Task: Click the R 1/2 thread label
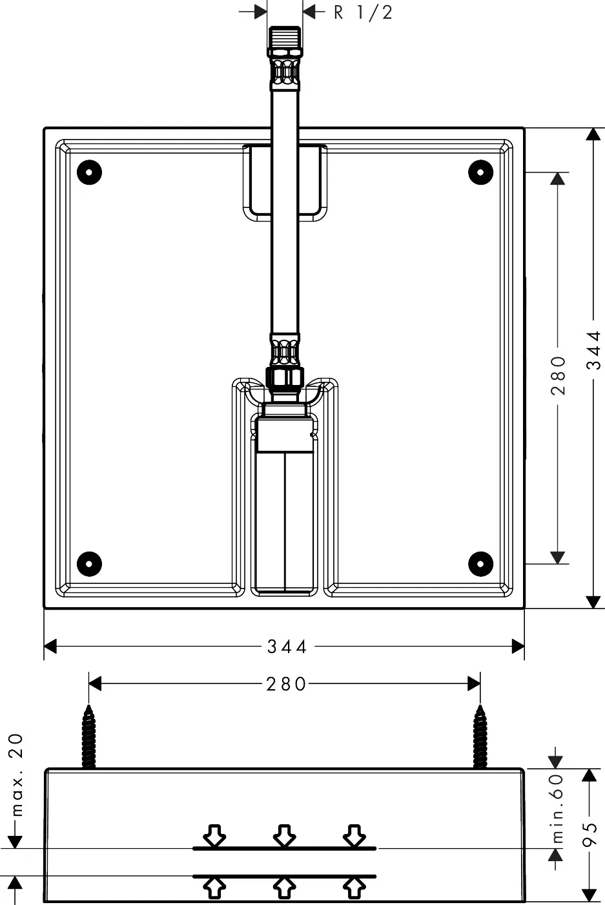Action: pyautogui.click(x=363, y=12)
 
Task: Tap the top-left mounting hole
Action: pyautogui.click(x=89, y=172)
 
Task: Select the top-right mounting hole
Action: pyautogui.click(x=480, y=172)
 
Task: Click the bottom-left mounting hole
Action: pyautogui.click(x=89, y=563)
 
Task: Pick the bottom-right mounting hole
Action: pyautogui.click(x=480, y=563)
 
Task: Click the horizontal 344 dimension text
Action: pyautogui.click(x=287, y=646)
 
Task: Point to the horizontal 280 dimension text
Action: pyautogui.click(x=286, y=683)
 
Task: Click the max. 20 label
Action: pyautogui.click(x=15, y=775)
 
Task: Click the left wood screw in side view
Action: pyautogui.click(x=89, y=736)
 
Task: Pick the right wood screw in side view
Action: pyautogui.click(x=480, y=736)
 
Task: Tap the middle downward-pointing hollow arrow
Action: pyautogui.click(x=284, y=835)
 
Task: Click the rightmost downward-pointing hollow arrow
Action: pyautogui.click(x=354, y=835)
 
